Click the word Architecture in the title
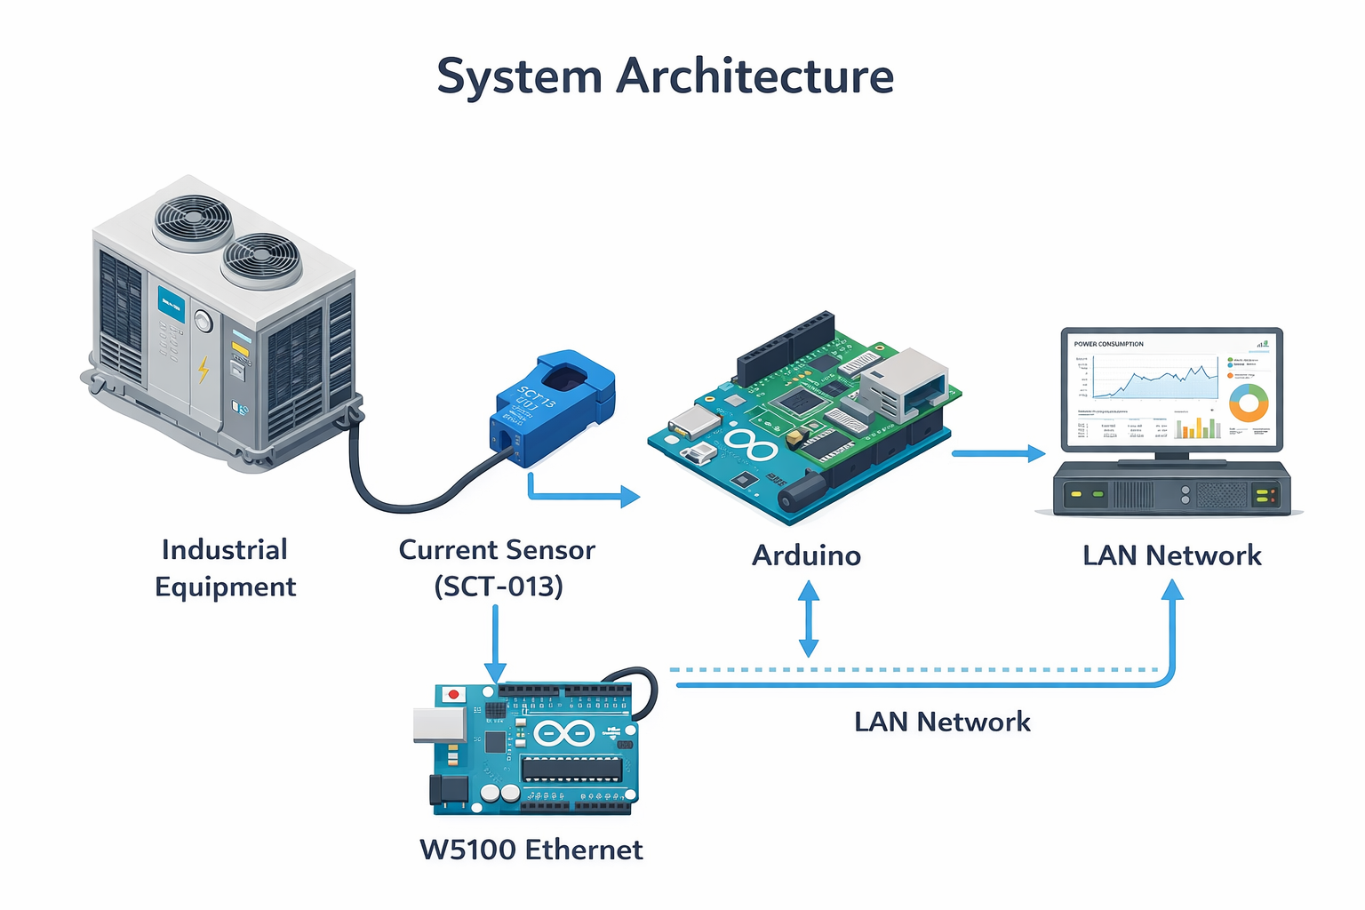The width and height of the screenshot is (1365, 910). (x=754, y=76)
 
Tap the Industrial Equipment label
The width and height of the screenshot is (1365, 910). (x=225, y=568)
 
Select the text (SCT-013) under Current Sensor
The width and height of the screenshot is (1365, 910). (x=498, y=587)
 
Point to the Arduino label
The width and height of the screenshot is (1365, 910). (x=806, y=555)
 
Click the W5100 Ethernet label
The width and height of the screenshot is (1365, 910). (x=531, y=850)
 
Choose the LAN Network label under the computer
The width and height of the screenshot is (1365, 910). (x=1171, y=555)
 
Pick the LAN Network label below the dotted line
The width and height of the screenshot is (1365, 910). (x=942, y=722)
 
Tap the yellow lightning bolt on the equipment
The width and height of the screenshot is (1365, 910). (x=204, y=369)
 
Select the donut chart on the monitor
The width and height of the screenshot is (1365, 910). (x=1249, y=403)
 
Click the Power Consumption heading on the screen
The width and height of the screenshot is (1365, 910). (x=1108, y=344)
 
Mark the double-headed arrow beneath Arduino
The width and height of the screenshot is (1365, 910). (x=808, y=619)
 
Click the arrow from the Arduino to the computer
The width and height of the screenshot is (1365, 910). (x=998, y=453)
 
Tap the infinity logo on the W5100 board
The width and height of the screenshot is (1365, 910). (x=563, y=734)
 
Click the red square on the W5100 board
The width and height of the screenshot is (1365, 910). (x=454, y=694)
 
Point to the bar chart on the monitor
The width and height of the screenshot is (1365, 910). (x=1198, y=428)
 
